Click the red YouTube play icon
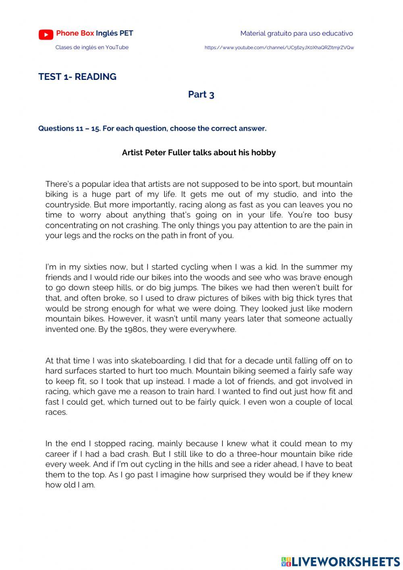(46, 35)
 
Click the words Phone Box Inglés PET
(95, 33)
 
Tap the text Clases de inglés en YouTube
(92, 47)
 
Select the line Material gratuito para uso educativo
(296, 33)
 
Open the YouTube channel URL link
(279, 48)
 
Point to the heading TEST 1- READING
(77, 77)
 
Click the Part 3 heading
(201, 94)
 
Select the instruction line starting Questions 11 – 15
(152, 129)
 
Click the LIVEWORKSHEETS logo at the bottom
(340, 562)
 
